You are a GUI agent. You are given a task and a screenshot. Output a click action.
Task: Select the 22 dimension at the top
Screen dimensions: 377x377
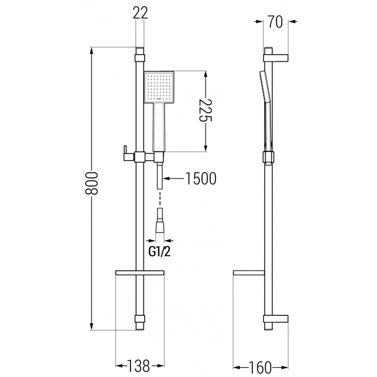(140, 13)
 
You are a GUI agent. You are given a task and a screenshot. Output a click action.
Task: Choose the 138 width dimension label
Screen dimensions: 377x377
(139, 365)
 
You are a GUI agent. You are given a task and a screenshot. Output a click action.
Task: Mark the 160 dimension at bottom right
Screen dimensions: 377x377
(261, 365)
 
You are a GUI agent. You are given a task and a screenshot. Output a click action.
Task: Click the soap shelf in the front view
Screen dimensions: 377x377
(140, 273)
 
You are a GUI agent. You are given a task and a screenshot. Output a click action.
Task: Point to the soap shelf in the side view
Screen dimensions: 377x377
(248, 273)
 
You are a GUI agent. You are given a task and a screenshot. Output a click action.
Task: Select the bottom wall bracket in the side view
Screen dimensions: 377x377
(276, 319)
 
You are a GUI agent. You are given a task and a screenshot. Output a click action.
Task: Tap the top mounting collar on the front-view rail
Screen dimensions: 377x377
(139, 58)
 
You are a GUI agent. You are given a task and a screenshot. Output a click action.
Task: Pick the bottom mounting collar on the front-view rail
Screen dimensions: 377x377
(139, 319)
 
